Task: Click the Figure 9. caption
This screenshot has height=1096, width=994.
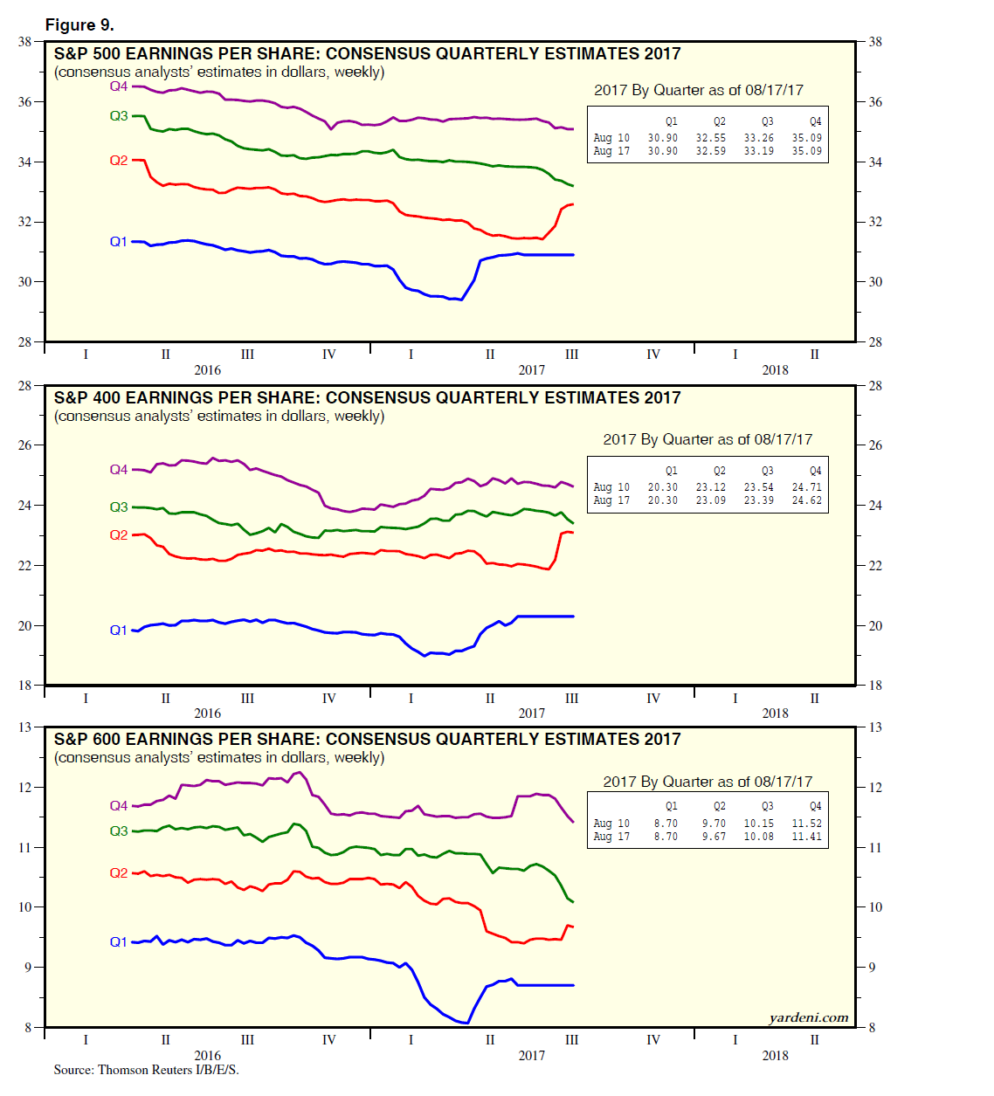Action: click(x=79, y=25)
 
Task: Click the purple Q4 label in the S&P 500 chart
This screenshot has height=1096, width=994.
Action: click(x=119, y=86)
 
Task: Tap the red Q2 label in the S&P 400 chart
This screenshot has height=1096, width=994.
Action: click(x=119, y=535)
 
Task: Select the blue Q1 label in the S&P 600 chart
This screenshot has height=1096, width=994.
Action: click(x=119, y=942)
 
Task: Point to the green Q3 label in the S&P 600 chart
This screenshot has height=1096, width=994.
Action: click(x=119, y=831)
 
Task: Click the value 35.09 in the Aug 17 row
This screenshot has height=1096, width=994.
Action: click(x=806, y=151)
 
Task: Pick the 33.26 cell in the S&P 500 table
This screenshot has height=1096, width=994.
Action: click(x=758, y=138)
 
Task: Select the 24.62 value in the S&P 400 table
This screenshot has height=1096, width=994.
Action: click(x=806, y=500)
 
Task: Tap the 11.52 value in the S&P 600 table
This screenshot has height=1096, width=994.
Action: click(x=806, y=824)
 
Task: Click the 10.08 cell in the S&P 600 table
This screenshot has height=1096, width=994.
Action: click(x=758, y=837)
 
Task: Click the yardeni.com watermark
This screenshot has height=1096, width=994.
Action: click(x=808, y=1017)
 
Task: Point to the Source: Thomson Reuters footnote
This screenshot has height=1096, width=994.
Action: click(x=146, y=1070)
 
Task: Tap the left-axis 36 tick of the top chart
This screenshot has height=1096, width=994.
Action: click(x=25, y=102)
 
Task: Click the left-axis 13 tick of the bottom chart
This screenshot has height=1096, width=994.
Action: click(x=25, y=727)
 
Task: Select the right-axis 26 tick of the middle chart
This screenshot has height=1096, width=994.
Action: click(x=875, y=445)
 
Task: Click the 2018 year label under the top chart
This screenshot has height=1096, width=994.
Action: click(x=775, y=370)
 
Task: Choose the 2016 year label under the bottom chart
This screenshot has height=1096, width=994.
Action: click(x=207, y=1056)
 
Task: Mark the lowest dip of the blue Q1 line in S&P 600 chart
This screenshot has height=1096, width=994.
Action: click(x=467, y=1022)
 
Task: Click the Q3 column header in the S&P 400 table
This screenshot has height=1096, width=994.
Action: click(x=767, y=472)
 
